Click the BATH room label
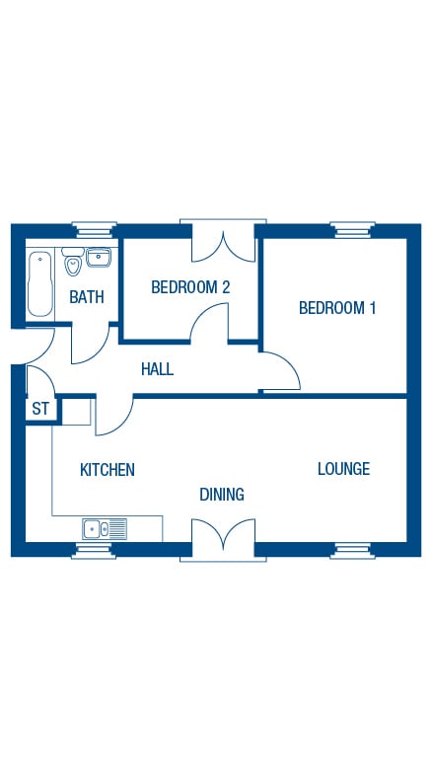pos(87,297)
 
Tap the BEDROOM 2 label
pos(190,287)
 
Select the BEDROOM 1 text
pos(337,308)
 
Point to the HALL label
pos(157,369)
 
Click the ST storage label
pos(40,409)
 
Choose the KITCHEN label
pos(108,470)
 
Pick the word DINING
pos(222,494)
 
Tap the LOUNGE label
pos(343,469)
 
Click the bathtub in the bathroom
pos(39,284)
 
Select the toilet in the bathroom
pos(73,262)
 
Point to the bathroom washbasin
pos(99,257)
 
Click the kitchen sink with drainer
pos(105,529)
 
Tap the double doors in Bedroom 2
pos(223,241)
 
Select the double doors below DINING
pos(223,540)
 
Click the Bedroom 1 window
pos(352,230)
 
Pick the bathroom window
pos(94,230)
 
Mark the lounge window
pos(352,551)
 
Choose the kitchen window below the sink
pos(94,551)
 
